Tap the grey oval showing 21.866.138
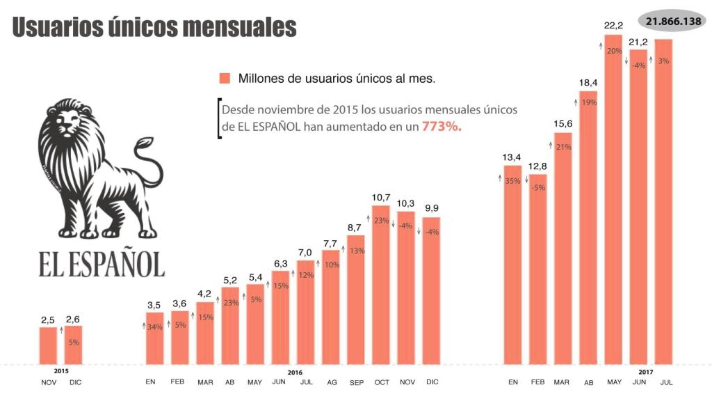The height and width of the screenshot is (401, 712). (672, 21)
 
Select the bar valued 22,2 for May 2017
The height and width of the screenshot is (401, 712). (613, 202)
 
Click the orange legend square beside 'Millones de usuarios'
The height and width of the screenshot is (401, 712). (225, 78)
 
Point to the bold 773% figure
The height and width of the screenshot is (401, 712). (442, 127)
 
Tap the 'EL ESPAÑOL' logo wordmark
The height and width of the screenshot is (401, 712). (102, 264)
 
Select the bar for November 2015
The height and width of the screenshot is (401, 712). (48, 345)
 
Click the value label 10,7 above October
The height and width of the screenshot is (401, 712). (380, 198)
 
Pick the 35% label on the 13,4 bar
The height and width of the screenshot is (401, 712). (512, 181)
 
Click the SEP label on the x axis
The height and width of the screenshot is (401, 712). (355, 382)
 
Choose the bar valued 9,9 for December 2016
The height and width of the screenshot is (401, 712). (431, 292)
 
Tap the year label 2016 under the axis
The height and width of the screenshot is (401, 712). (295, 372)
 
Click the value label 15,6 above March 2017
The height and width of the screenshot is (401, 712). (563, 124)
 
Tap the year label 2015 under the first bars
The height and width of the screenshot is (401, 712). (60, 372)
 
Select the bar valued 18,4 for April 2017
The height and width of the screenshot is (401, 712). (588, 230)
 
